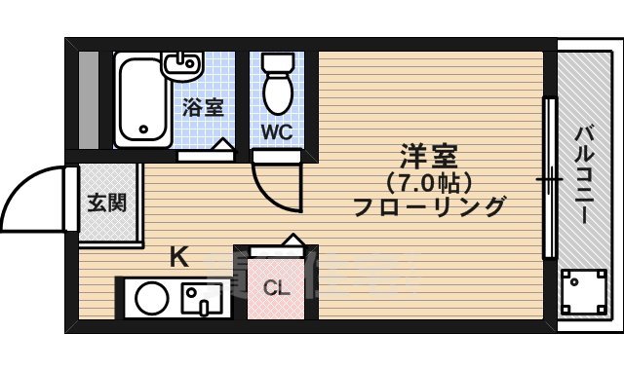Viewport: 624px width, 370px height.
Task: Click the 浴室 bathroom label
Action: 203,107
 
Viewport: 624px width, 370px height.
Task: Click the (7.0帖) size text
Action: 429,182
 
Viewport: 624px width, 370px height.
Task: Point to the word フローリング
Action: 429,206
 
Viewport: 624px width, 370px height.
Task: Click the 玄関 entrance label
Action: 106,203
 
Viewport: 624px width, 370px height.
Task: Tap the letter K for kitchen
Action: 178,258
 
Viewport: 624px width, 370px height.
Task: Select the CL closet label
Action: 276,288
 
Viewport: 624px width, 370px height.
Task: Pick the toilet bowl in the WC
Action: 279,88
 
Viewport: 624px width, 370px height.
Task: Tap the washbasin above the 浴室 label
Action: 182,65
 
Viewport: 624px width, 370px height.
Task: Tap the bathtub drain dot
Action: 144,128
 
